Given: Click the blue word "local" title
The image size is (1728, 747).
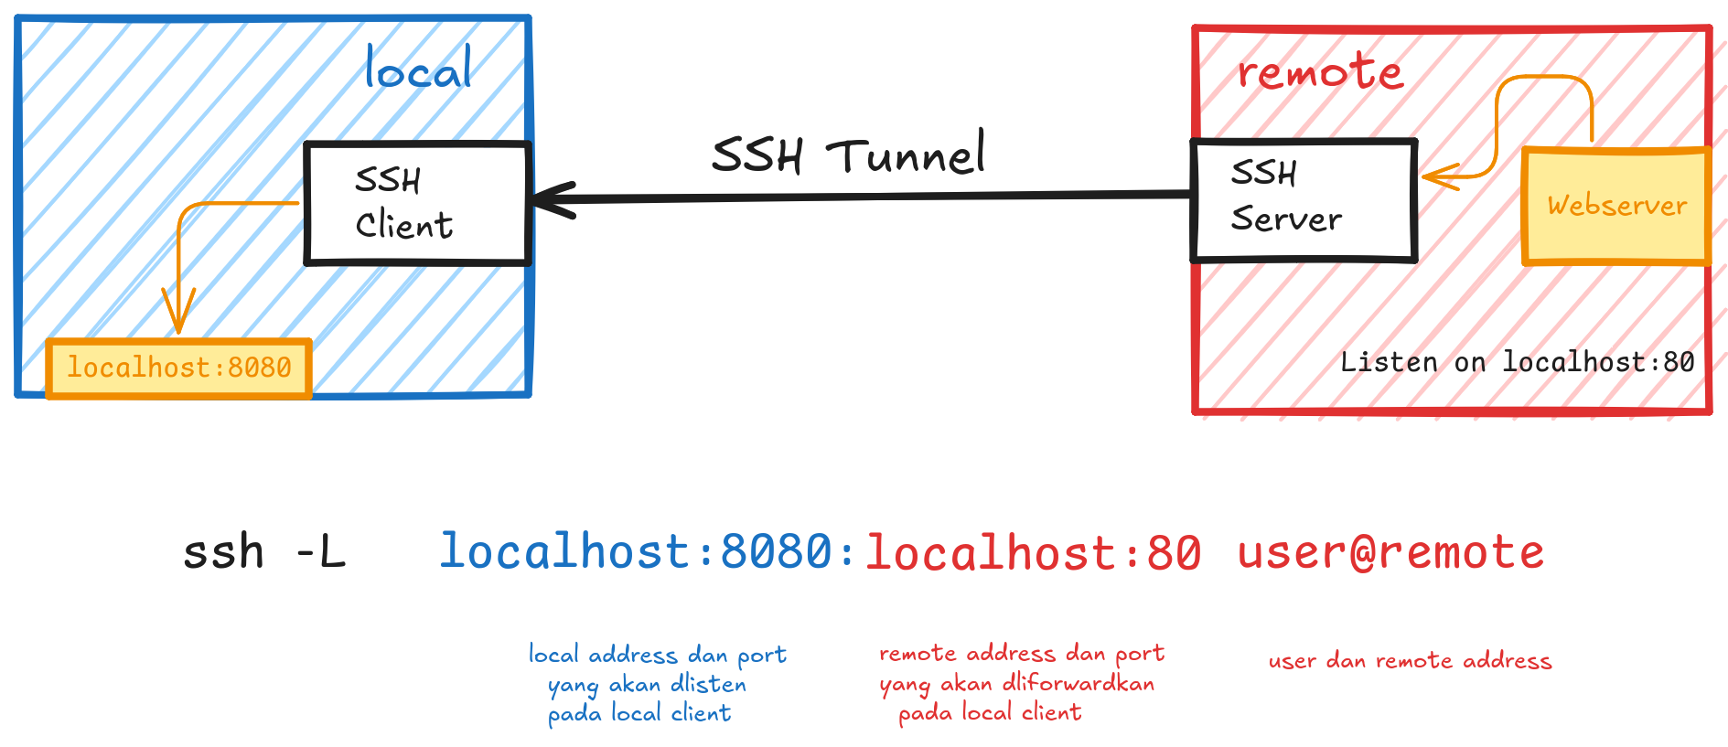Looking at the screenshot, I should pyautogui.click(x=418, y=69).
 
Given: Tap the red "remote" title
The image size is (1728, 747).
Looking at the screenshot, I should pyautogui.click(x=1319, y=72).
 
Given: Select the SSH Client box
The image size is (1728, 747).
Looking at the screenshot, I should pyautogui.click(x=417, y=203).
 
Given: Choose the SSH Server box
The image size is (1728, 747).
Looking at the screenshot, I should pyautogui.click(x=1304, y=200).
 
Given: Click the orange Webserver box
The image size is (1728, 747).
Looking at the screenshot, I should pyautogui.click(x=1616, y=207).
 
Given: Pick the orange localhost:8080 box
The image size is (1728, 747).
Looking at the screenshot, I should pyautogui.click(x=179, y=368).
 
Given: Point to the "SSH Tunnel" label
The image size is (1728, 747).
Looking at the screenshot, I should pyautogui.click(x=848, y=155).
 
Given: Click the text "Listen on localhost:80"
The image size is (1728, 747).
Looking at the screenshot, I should pyautogui.click(x=1517, y=363).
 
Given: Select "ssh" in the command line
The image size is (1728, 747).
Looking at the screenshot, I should pyautogui.click(x=223, y=552).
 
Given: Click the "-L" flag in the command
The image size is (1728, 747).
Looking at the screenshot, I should pyautogui.click(x=321, y=552).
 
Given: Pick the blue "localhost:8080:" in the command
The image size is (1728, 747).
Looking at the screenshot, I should pyautogui.click(x=648, y=552).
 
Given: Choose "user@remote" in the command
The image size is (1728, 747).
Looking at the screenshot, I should pyautogui.click(x=1390, y=552).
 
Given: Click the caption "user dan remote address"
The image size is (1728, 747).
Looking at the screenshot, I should pyautogui.click(x=1410, y=661).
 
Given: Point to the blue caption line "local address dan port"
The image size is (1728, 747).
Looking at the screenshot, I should pyautogui.click(x=657, y=655).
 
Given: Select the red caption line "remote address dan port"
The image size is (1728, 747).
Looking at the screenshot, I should pyautogui.click(x=1021, y=653).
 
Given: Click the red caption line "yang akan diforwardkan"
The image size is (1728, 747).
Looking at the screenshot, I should pyautogui.click(x=1016, y=683).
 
